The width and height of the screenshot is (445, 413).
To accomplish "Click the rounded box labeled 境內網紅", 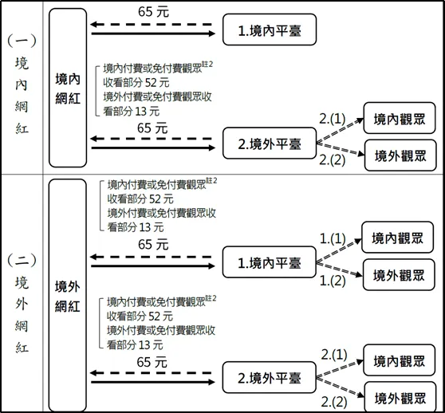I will [68, 86].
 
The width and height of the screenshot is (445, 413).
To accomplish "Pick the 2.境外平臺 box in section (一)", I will [268, 144].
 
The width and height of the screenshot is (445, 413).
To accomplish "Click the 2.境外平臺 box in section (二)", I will [268, 375].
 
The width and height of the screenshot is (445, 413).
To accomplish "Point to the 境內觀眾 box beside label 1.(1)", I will [399, 237].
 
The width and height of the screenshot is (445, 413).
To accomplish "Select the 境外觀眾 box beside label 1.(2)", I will [399, 275].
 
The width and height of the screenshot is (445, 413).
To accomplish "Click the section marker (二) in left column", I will [22, 260].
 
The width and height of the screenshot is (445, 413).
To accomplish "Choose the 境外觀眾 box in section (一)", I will [399, 155].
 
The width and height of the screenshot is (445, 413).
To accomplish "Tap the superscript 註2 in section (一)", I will [210, 65].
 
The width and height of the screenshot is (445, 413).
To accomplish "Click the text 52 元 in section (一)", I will [156, 83].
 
